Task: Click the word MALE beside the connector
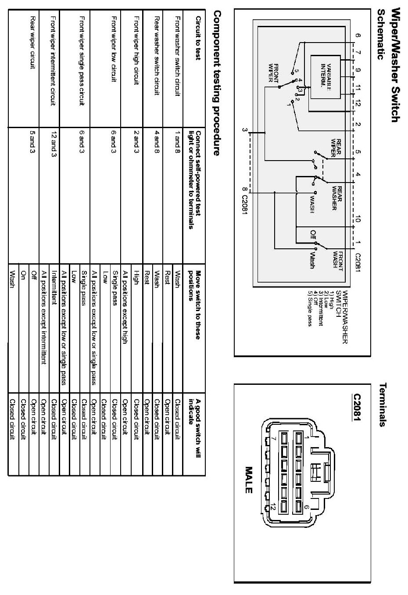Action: click(249, 480)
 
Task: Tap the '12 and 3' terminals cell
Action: click(54, 143)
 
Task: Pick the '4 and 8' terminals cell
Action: click(157, 141)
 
